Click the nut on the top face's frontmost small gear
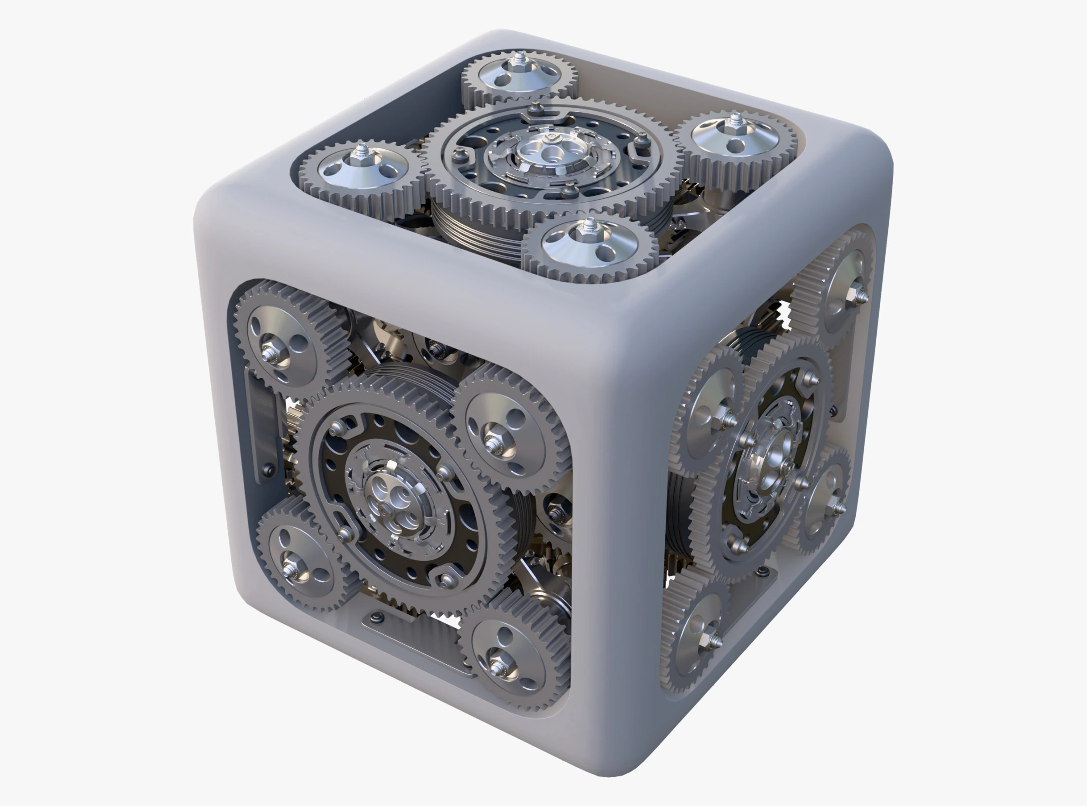(589, 227)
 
